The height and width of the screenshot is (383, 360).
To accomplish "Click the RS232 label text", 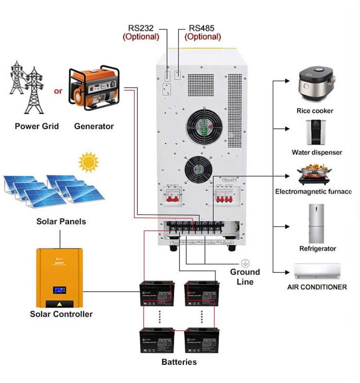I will point(141,28).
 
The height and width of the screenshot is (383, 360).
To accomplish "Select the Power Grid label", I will point(36,126).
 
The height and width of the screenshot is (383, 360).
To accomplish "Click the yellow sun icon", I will point(88,162).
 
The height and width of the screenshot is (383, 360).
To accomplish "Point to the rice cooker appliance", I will point(315,84).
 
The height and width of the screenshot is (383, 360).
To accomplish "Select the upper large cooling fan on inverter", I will point(205,126).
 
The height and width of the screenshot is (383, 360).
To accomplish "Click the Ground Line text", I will point(245,276).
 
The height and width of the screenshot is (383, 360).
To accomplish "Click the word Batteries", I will point(179,361).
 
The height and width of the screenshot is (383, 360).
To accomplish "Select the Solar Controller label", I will point(61,314).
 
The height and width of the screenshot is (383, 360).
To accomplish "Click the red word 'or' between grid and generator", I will point(58,90).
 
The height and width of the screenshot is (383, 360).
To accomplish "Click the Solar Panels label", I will point(61,222).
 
